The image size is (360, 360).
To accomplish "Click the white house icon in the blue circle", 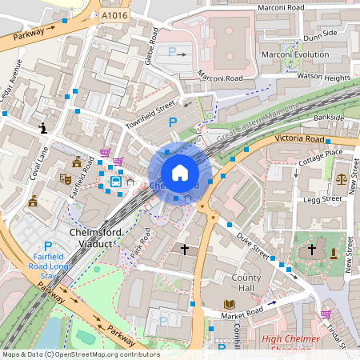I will [x=180, y=172].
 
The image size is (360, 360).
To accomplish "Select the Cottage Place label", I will [x=320, y=153].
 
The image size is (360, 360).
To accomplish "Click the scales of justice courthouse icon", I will [x=342, y=179].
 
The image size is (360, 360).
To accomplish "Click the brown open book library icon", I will [x=230, y=305].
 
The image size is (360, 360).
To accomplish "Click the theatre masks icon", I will [x=66, y=178].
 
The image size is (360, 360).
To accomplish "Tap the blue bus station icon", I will [x=117, y=182].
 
